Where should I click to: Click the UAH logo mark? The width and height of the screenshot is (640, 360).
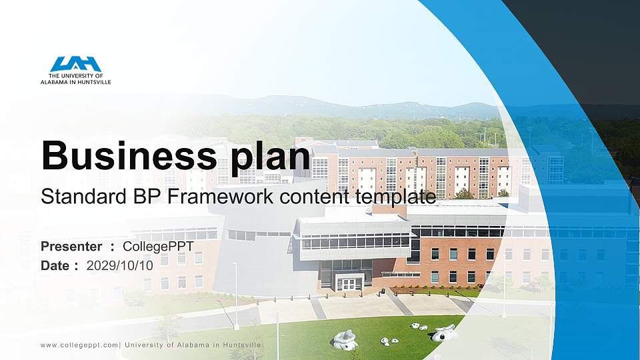tap(75, 64)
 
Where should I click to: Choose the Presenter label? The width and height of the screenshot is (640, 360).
tap(71, 247)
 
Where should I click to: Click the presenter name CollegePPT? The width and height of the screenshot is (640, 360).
tap(159, 247)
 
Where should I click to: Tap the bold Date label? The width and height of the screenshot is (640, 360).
tap(56, 265)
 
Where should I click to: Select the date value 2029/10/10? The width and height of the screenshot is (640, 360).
tap(120, 265)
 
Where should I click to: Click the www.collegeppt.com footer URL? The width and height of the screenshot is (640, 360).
tap(79, 345)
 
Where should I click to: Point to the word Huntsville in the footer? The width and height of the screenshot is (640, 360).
tap(238, 345)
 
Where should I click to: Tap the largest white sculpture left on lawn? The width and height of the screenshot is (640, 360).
tap(345, 340)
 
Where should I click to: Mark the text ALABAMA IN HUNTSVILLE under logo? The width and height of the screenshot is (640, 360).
tap(75, 82)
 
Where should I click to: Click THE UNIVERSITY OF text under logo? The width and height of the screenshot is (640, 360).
tap(75, 77)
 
